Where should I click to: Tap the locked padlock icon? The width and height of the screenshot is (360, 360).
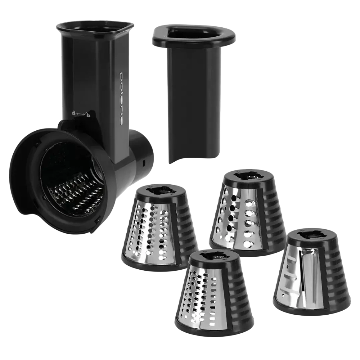74,113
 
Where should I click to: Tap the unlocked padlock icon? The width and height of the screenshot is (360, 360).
87,114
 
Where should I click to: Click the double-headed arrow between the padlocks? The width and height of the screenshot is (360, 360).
81,114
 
